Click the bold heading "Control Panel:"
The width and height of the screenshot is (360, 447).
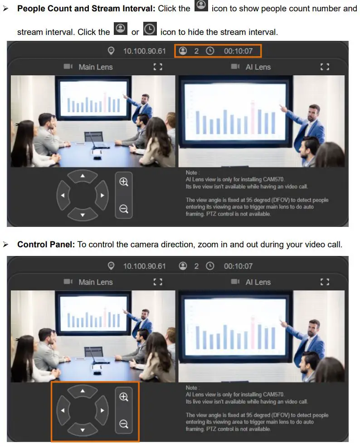(x=46, y=244)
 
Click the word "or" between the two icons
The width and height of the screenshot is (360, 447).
(x=135, y=32)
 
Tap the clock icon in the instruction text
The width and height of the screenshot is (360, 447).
(x=150, y=29)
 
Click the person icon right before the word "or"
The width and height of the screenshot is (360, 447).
(x=121, y=29)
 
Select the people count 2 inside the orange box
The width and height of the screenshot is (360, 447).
(x=196, y=51)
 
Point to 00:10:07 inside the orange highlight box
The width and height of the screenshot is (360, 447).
(x=238, y=51)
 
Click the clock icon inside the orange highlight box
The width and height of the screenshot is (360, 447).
(x=210, y=51)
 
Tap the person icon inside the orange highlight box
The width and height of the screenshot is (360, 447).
(x=183, y=51)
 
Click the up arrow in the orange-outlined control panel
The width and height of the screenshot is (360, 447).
(x=83, y=391)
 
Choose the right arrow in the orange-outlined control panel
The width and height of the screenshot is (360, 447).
(x=102, y=411)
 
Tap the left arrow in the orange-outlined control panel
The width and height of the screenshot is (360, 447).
(x=63, y=411)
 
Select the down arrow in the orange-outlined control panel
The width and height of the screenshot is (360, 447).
(x=83, y=430)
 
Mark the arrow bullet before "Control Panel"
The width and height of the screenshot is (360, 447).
(x=5, y=245)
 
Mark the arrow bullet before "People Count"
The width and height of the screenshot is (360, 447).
(x=5, y=9)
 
